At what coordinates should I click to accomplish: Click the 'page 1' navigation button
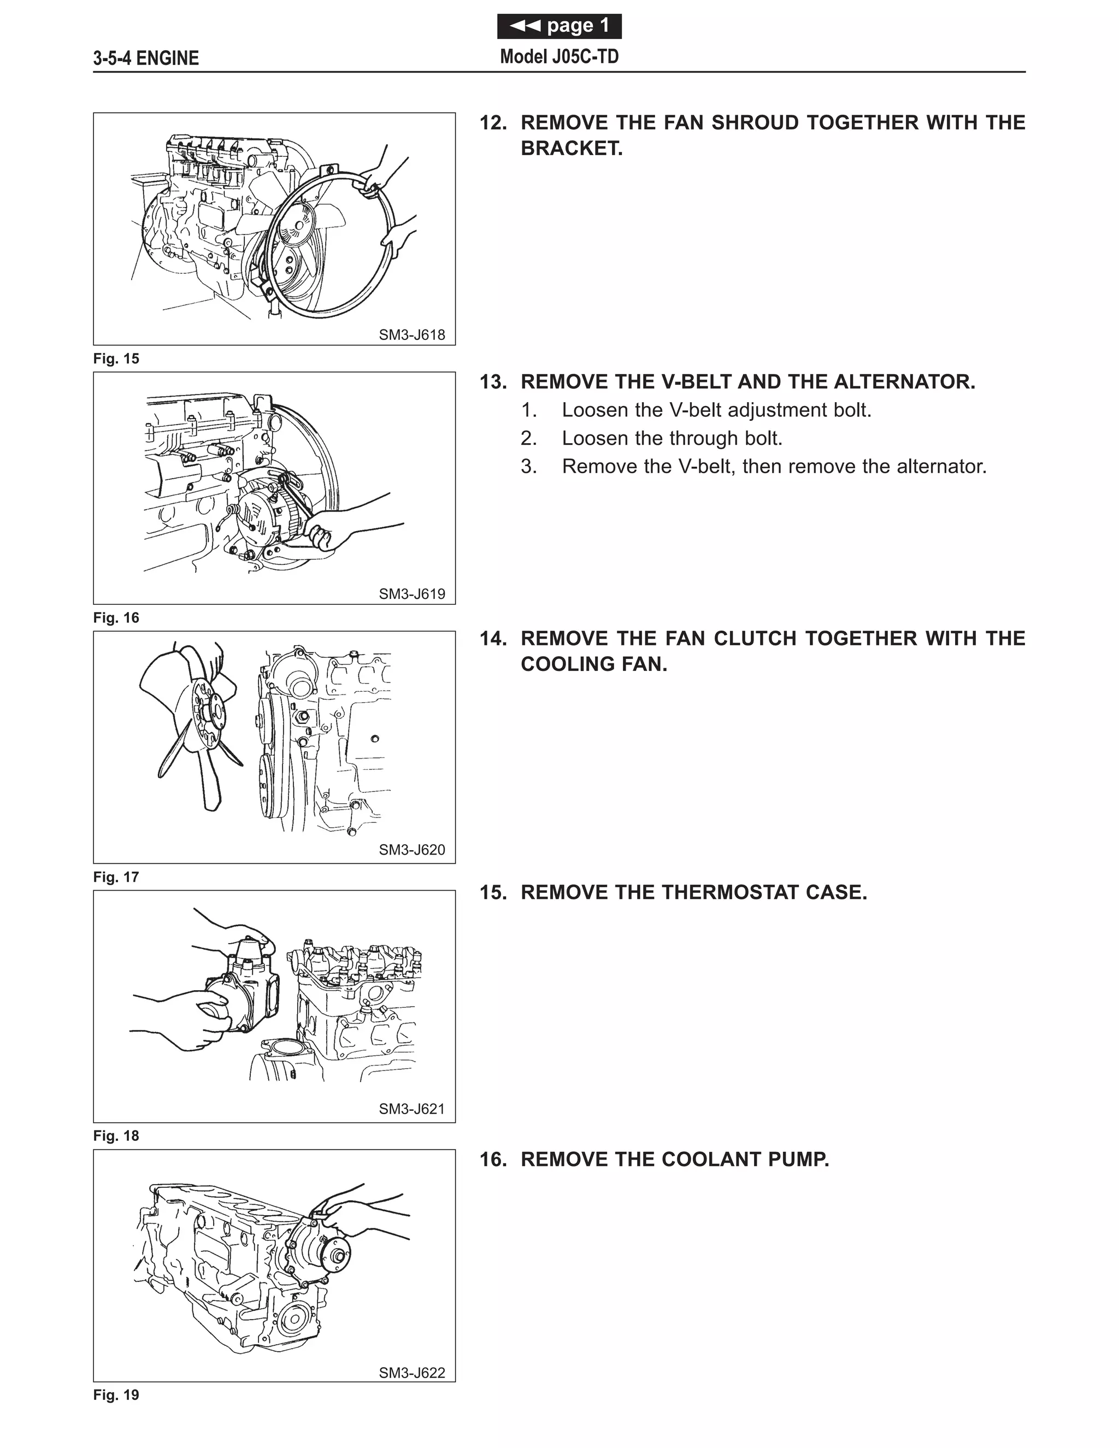click(559, 26)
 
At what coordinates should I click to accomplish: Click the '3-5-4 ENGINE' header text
click(146, 58)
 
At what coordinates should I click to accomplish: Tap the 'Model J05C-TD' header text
click(559, 57)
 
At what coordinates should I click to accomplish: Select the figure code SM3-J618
click(411, 335)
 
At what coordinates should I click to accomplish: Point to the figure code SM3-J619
click(411, 594)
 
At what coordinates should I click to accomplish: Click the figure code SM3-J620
click(411, 850)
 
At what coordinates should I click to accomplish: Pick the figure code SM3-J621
click(411, 1109)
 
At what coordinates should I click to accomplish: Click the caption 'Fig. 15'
click(116, 358)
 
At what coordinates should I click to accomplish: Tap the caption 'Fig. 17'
click(116, 877)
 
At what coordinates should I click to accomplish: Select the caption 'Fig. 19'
click(116, 1395)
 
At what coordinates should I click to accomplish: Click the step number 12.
click(492, 122)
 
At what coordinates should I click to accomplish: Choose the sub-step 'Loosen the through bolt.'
click(672, 438)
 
